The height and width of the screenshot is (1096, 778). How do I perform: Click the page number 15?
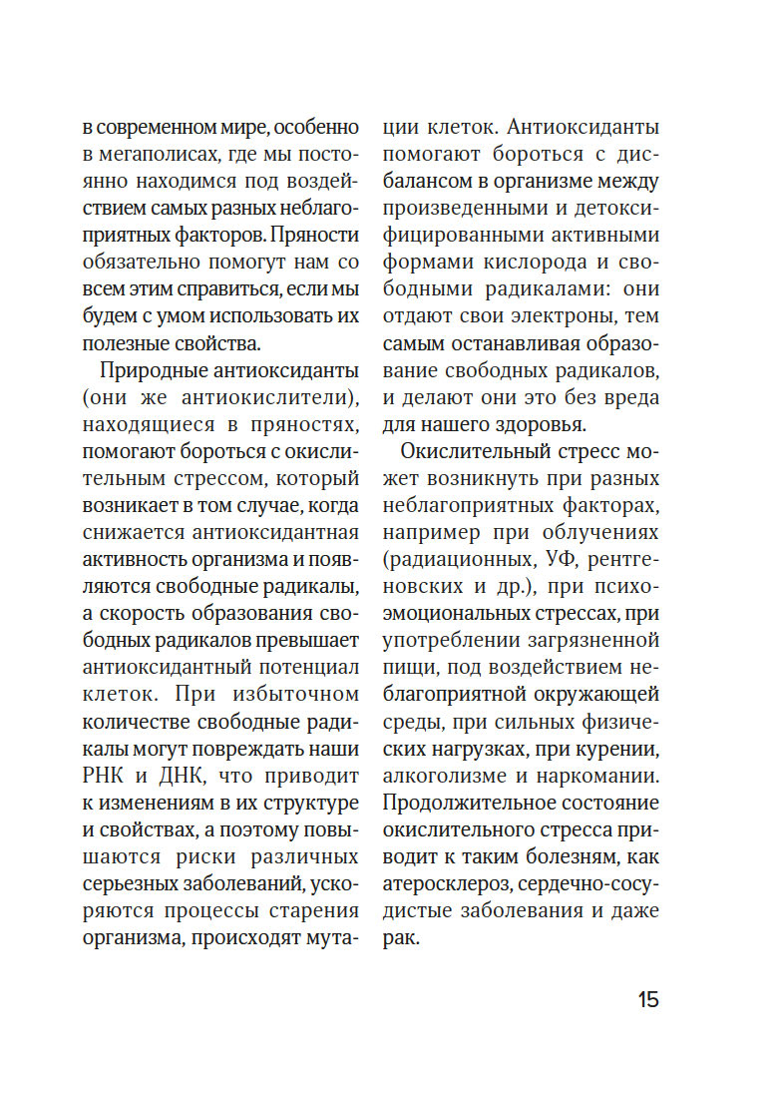tap(647, 999)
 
